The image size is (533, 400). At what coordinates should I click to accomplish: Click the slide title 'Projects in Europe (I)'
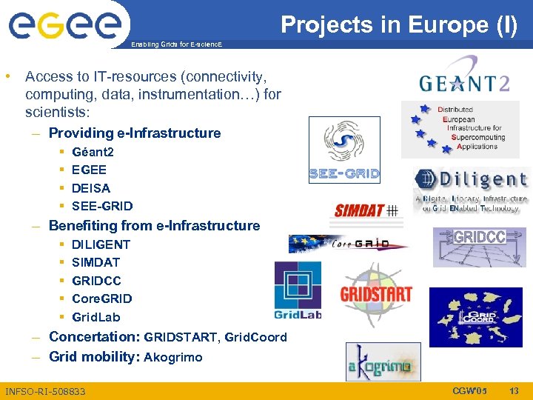[x=399, y=25]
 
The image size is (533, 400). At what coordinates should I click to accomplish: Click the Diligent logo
[x=471, y=190]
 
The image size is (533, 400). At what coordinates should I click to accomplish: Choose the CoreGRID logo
[x=348, y=244]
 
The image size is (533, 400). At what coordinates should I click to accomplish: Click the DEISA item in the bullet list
[x=91, y=188]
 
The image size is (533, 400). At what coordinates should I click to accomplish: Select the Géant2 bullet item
[x=93, y=152]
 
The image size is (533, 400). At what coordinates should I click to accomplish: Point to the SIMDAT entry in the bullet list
[x=95, y=262]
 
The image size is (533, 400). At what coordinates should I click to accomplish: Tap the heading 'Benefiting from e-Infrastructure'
[x=154, y=225]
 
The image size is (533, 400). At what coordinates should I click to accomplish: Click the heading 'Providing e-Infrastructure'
[x=135, y=133]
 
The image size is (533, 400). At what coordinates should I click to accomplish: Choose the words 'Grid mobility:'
[x=94, y=356]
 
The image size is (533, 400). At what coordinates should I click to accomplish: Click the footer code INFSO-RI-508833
[x=45, y=391]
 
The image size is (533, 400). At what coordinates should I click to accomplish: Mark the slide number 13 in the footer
[x=513, y=390]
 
